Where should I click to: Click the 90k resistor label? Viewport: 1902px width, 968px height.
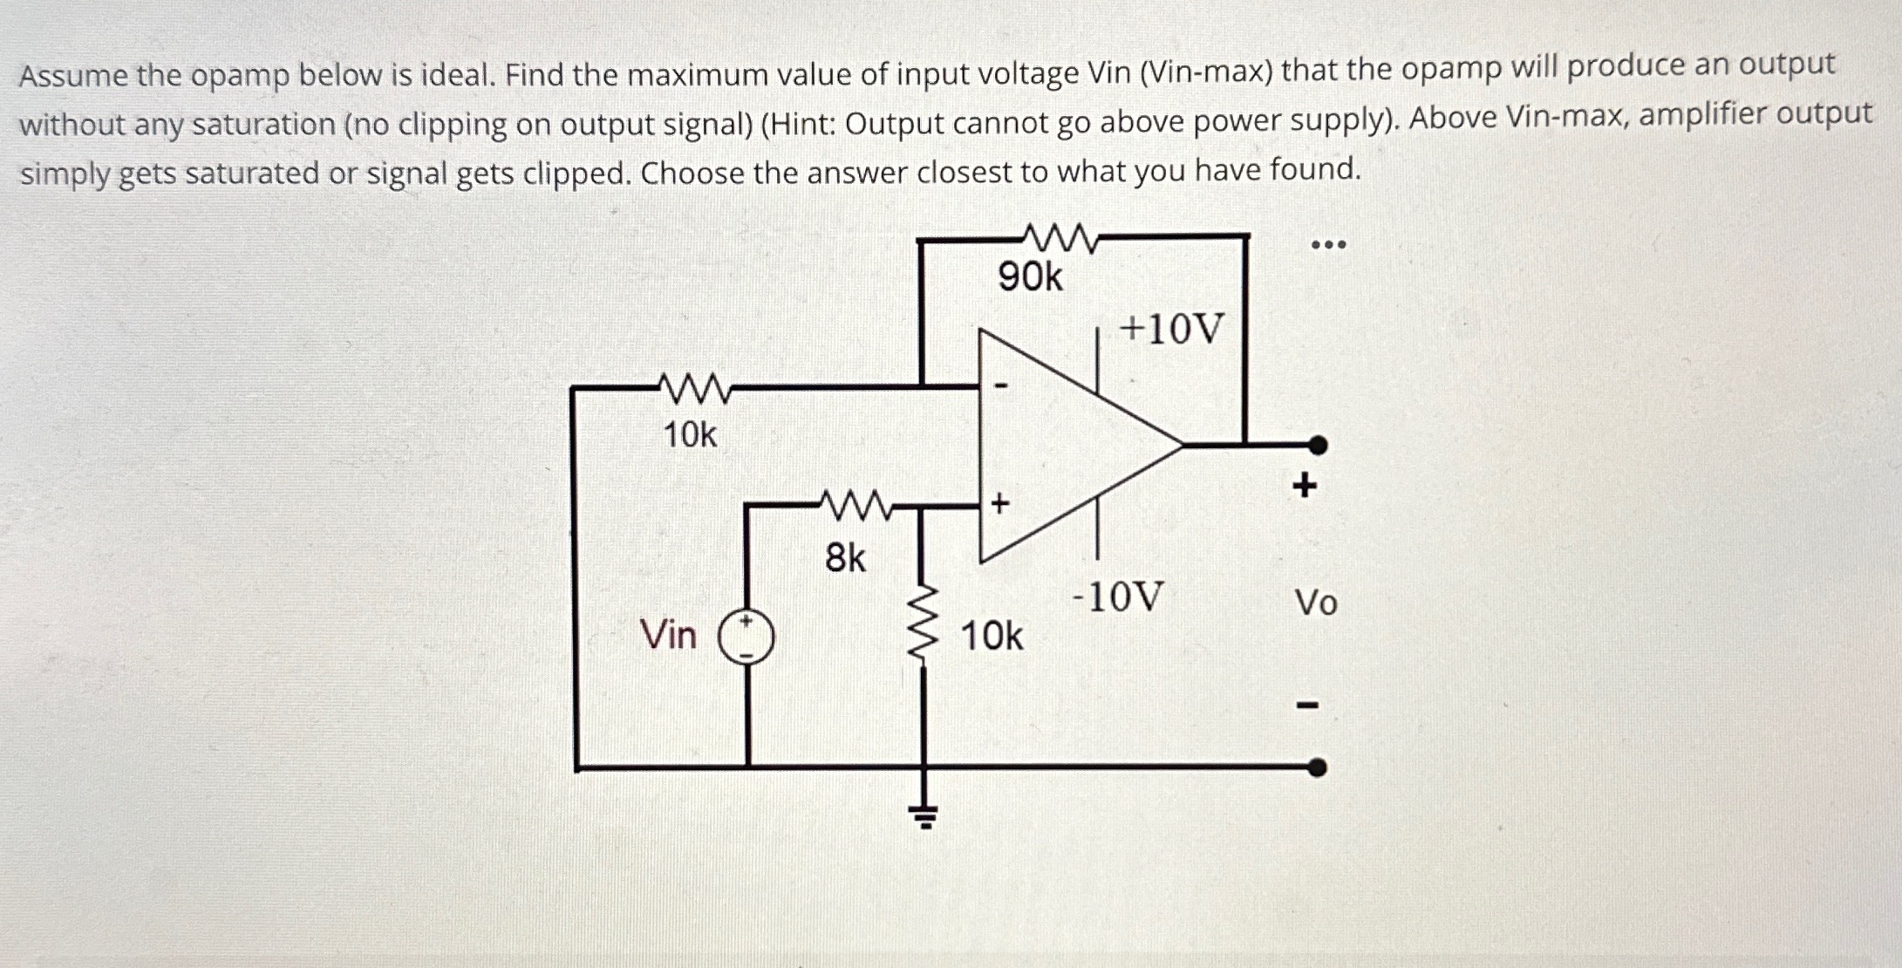tap(1030, 277)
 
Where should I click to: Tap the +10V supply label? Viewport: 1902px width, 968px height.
tap(1172, 330)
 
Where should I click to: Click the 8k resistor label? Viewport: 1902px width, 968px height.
tap(845, 558)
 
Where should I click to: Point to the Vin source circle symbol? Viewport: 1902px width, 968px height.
tap(746, 637)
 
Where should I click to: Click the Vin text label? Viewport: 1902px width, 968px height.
tap(668, 635)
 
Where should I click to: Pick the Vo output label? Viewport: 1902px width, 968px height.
tap(1315, 603)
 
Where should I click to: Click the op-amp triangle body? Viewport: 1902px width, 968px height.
tap(1064, 445)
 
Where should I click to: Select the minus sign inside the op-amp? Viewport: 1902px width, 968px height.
tap(1002, 385)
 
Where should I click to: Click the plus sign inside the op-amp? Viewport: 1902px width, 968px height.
tap(1000, 503)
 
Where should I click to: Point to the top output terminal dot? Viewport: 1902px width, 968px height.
tap(1319, 446)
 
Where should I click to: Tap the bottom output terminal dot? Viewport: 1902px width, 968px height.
tap(1318, 767)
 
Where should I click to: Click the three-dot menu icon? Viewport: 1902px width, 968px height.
tap(1329, 245)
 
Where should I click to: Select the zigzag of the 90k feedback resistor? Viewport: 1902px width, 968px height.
tap(1057, 236)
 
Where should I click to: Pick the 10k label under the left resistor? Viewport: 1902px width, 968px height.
tap(690, 434)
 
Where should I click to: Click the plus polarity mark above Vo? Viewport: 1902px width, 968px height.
tap(1305, 485)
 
